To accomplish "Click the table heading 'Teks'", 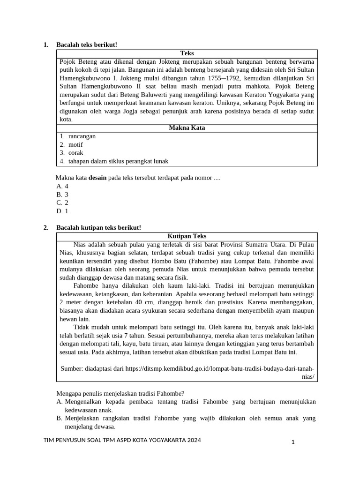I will (x=187, y=53).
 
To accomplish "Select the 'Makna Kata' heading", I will (x=187, y=128).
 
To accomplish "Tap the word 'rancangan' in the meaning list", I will (x=82, y=136).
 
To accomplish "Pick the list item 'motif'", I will (x=75, y=145).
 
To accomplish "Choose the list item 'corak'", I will (x=75, y=153).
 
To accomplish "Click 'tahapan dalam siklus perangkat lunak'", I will (x=118, y=161).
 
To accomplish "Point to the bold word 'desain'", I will (x=97, y=178).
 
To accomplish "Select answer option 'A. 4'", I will (x=62, y=186).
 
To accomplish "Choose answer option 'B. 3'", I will (x=62, y=195).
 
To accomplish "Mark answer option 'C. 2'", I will (x=62, y=203).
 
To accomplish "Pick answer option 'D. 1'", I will (x=62, y=211).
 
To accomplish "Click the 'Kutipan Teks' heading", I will (x=187, y=236).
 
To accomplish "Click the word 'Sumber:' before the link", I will (x=71, y=369).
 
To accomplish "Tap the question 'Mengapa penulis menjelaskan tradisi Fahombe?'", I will (x=120, y=393).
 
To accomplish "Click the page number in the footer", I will (x=292, y=442).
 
